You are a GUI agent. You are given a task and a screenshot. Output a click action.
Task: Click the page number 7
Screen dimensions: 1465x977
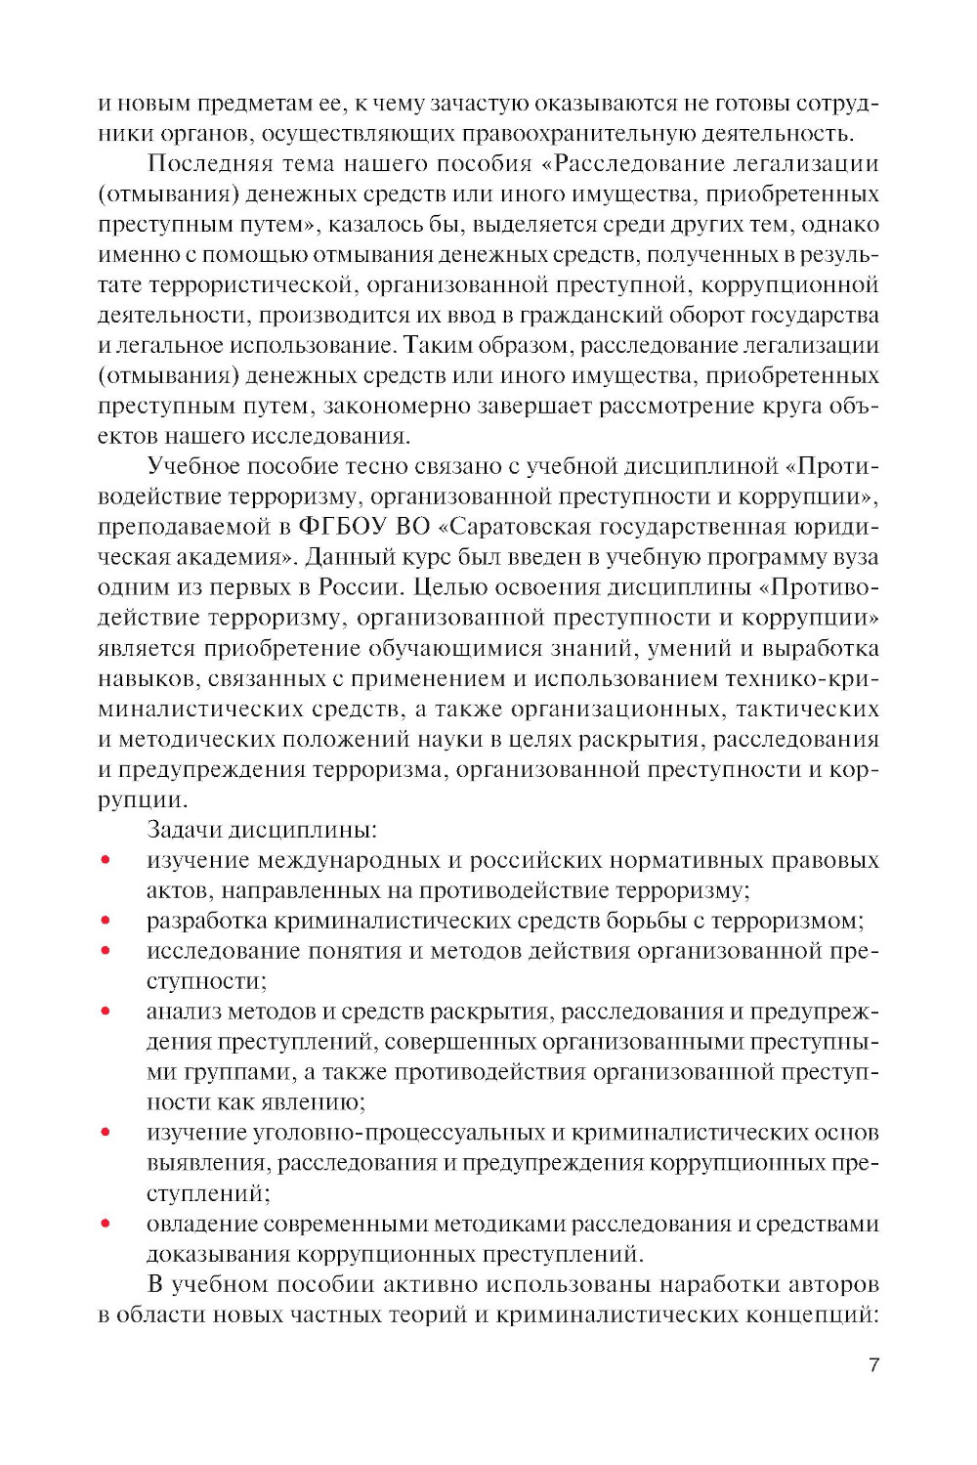tap(873, 1364)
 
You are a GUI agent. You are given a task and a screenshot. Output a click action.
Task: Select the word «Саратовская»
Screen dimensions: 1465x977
tap(513, 526)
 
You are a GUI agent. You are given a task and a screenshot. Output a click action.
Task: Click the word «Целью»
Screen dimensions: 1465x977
tap(444, 586)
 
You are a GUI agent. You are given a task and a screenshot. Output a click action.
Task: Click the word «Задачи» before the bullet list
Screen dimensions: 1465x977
tap(183, 830)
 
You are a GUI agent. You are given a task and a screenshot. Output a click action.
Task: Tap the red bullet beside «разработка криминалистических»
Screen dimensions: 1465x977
tap(105, 921)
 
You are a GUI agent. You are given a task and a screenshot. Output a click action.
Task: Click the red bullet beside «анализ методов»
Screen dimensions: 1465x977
tap(105, 1012)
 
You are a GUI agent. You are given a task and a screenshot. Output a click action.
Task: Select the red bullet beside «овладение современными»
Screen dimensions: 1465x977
tap(105, 1224)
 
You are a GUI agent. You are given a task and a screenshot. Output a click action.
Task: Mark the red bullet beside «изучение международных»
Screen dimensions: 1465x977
tap(105, 860)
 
